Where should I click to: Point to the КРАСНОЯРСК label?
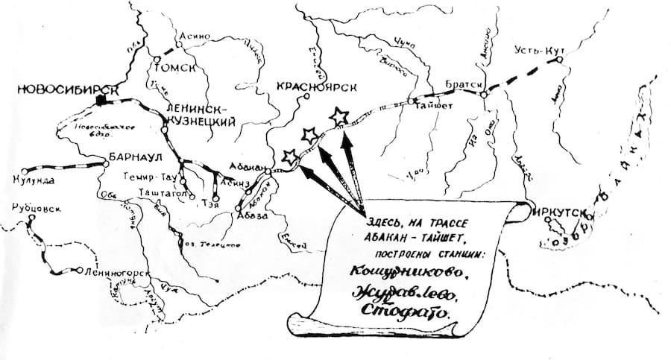coord(316,86)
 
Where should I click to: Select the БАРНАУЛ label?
coord(132,159)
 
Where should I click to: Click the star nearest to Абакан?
coord(289,157)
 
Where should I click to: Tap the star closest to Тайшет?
coord(339,116)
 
